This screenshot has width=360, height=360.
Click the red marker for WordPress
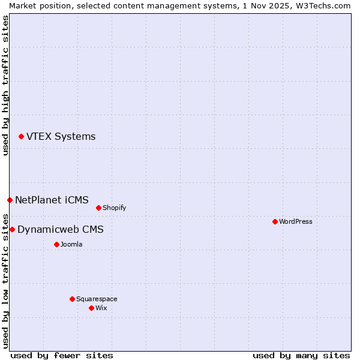point(275,221)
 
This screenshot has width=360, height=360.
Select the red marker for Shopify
point(98,208)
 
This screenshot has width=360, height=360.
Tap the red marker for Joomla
point(56,244)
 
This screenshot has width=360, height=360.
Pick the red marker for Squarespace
point(72,299)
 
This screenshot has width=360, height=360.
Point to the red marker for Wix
point(91,308)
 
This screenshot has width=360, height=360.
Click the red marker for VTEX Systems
point(21,137)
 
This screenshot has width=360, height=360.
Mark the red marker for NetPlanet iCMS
point(10,200)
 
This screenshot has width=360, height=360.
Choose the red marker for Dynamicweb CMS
point(12,229)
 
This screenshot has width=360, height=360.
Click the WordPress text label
point(295,221)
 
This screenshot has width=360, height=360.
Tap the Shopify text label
point(114,208)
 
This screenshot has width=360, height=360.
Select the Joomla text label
point(71,244)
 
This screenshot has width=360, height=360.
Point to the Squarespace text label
point(97,299)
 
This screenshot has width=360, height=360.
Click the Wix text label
point(101,308)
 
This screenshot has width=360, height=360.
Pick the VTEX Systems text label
point(61,137)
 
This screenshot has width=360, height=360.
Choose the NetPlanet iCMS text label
point(52,200)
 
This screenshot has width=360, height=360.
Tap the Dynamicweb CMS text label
point(60,229)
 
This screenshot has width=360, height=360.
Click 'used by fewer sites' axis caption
point(62,355)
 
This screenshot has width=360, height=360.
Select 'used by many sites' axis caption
point(301,355)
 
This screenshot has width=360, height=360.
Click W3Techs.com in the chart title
point(321,5)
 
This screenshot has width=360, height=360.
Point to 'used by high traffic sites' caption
point(5,85)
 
